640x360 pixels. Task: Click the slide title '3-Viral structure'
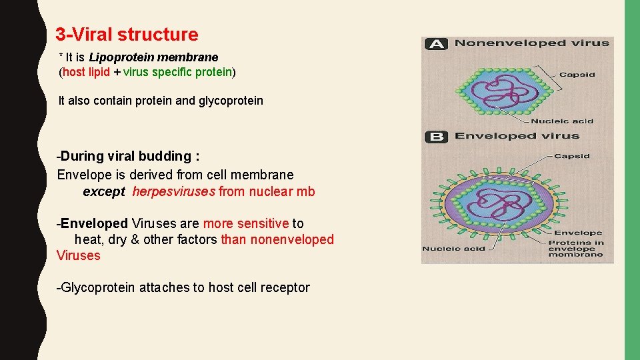click(127, 34)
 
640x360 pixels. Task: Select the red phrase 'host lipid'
click(86, 71)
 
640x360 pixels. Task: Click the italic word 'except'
click(103, 192)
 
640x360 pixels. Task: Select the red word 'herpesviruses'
click(173, 192)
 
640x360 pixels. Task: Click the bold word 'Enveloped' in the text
click(94, 223)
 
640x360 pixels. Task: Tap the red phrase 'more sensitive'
click(245, 223)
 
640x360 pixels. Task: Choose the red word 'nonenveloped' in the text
click(292, 239)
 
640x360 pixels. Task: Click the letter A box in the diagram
click(436, 44)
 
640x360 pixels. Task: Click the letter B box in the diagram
click(436, 137)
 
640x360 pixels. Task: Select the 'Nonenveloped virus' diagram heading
click(531, 43)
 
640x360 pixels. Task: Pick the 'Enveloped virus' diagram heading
click(517, 136)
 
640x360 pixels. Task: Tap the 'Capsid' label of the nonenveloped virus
click(577, 74)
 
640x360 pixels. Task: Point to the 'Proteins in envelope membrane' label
click(575, 248)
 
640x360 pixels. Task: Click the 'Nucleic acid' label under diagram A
click(562, 121)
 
